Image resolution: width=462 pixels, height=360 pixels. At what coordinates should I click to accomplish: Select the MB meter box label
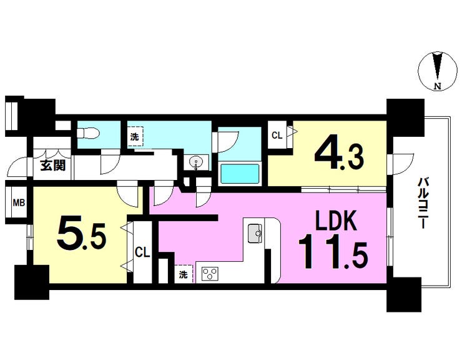(x=19, y=202)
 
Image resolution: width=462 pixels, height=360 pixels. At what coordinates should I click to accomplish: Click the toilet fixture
(x=86, y=132)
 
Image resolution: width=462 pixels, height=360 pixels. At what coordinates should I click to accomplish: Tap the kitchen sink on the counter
(x=255, y=234)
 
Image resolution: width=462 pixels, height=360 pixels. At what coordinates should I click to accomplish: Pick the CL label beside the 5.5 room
(x=142, y=253)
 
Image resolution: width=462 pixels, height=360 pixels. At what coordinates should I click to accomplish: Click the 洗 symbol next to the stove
(x=183, y=274)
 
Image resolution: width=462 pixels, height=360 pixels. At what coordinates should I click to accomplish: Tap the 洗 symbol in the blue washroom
(x=135, y=136)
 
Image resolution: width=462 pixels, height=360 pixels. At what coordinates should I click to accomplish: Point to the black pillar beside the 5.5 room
(x=31, y=282)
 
